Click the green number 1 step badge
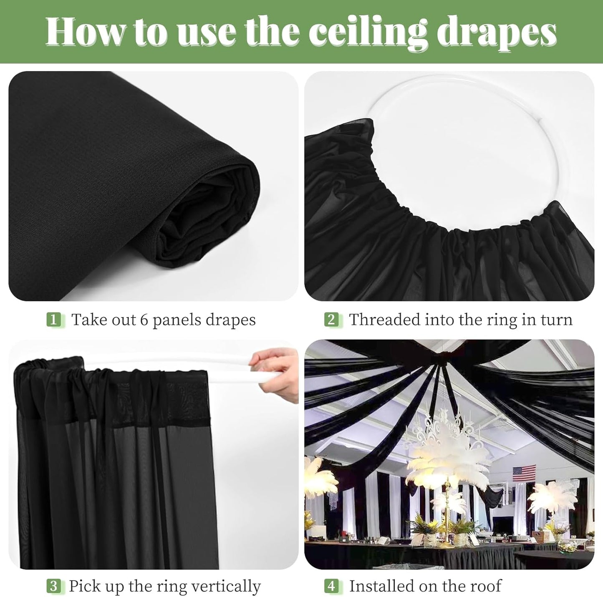click(x=53, y=320)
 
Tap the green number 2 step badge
click(x=331, y=320)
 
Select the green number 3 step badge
click(x=53, y=586)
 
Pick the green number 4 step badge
click(x=331, y=586)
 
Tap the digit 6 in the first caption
click(x=144, y=320)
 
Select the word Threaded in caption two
click(x=384, y=320)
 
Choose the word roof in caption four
click(x=484, y=586)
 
